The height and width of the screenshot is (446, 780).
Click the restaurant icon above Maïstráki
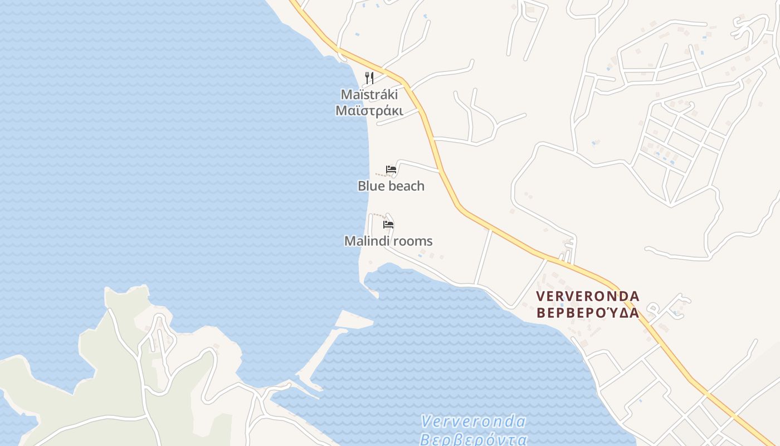tap(369, 77)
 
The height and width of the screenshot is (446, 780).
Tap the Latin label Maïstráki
tap(369, 94)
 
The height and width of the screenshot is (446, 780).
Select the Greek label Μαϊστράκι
tap(369, 110)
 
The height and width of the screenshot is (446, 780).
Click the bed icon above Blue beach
tap(391, 169)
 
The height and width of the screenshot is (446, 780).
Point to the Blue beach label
tap(391, 186)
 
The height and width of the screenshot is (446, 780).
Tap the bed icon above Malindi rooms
tap(388, 225)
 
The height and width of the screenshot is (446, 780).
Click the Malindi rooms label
tap(388, 241)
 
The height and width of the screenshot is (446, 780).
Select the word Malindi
tap(364, 241)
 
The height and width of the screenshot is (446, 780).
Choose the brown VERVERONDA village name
tap(588, 296)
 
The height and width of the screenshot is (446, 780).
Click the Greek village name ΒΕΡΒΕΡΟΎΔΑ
tap(588, 313)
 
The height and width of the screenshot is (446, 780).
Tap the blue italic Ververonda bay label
tap(474, 421)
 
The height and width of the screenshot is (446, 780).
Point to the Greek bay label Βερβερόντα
tap(474, 439)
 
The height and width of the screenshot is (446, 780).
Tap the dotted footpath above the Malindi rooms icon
tap(378, 215)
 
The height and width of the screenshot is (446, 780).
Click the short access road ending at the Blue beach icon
tap(418, 164)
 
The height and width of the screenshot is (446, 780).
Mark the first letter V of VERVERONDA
tap(540, 296)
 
